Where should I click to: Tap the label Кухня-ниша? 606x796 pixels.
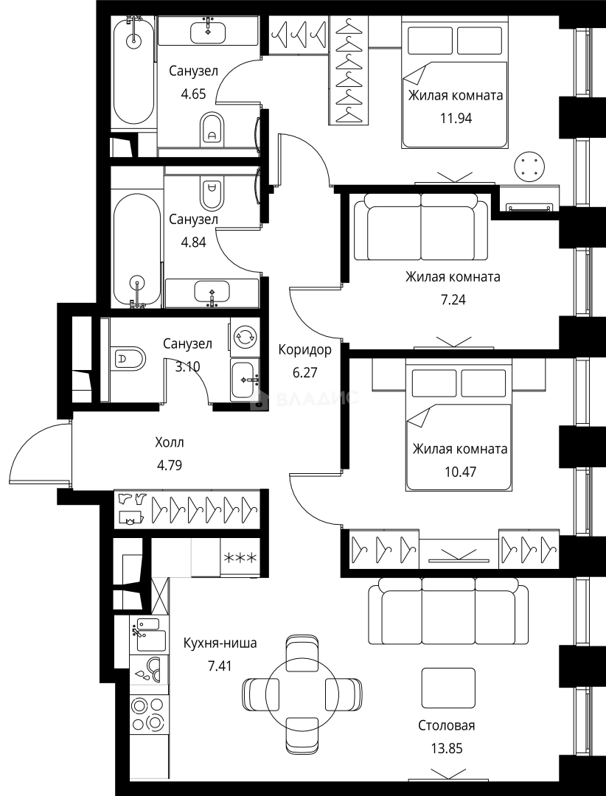click(x=220, y=643)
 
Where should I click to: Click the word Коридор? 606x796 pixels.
click(x=304, y=350)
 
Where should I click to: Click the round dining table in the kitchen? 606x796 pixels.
click(x=302, y=694)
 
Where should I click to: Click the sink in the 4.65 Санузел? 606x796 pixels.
click(x=209, y=32)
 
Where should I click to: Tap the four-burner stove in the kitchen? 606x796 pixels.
click(x=147, y=714)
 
